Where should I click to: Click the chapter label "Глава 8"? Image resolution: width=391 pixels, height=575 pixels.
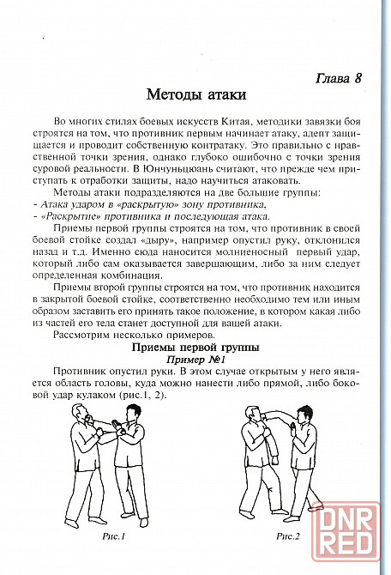tap(338, 78)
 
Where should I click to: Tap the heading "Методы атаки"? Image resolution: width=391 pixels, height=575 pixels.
tap(196, 94)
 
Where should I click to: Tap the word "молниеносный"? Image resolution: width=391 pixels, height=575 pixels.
tap(251, 252)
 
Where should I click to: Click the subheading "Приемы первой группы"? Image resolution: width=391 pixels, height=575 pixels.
tap(195, 348)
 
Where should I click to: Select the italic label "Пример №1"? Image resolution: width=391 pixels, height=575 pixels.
tap(195, 359)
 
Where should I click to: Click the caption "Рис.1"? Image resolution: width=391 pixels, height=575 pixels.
tap(113, 536)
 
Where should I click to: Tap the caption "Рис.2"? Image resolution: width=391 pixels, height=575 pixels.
tap(288, 536)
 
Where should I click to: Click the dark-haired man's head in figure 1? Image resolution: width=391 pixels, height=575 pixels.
tap(132, 415)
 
